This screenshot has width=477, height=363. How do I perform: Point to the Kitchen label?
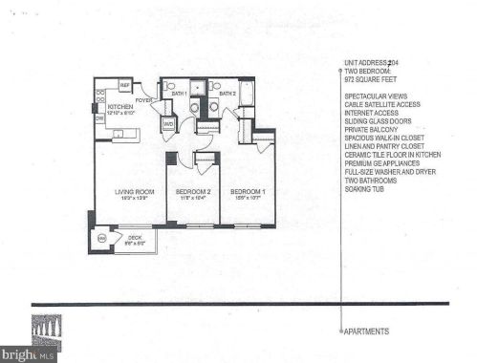coord(119,106)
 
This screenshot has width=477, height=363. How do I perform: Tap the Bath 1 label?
coord(179,94)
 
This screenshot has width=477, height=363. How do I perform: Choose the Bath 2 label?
coord(228,94)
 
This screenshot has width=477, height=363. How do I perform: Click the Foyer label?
coord(145,99)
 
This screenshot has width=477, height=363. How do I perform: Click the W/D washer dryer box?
coord(167,123)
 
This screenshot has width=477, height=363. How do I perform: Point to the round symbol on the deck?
coord(102,237)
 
